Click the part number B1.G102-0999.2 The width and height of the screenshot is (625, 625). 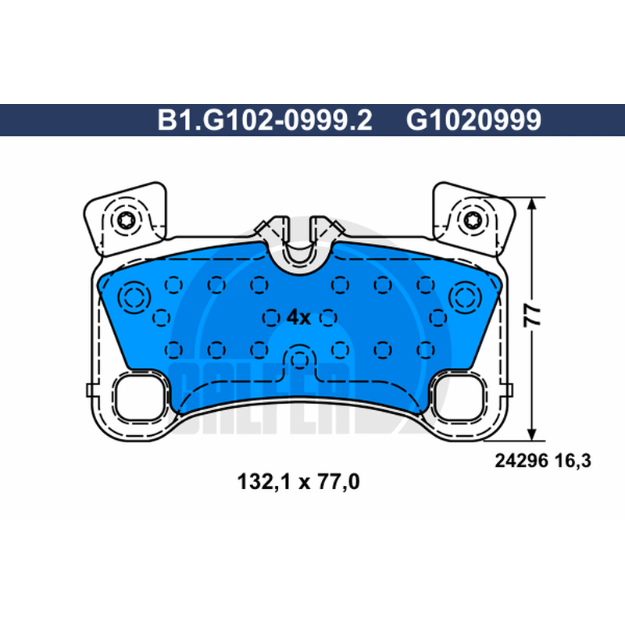point(265,120)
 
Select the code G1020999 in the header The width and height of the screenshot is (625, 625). point(473,120)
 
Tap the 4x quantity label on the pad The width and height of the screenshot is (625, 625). point(298,318)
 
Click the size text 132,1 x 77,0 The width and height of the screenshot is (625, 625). point(298,481)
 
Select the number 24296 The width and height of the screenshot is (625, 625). point(521,461)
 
